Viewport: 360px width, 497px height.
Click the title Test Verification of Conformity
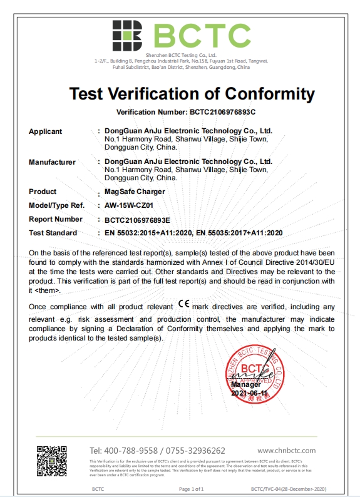pyautogui.click(x=192, y=94)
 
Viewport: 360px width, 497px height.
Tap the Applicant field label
pyautogui.click(x=45, y=131)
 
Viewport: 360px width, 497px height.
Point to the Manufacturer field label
pyautogui.click(x=52, y=162)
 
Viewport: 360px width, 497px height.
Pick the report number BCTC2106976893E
pyautogui.click(x=137, y=220)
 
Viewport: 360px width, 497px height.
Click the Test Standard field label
pyautogui.click(x=53, y=233)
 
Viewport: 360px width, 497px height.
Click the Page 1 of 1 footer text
pyautogui.click(x=192, y=488)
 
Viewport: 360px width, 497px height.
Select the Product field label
pyautogui.click(x=43, y=192)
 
